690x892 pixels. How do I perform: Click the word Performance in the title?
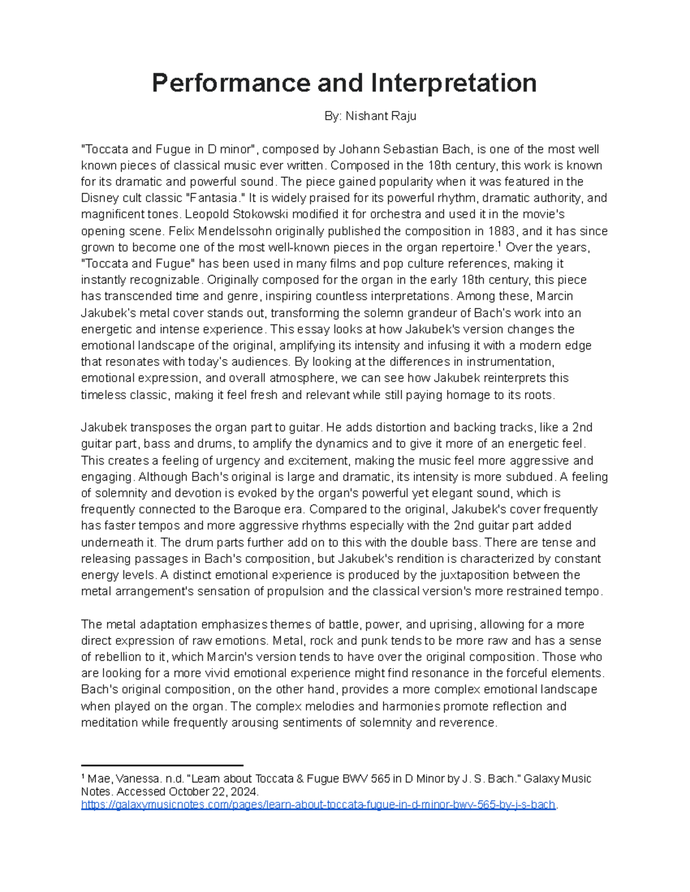tap(231, 83)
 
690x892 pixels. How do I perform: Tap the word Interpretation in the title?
tap(454, 83)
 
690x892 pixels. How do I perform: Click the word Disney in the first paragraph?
tap(99, 198)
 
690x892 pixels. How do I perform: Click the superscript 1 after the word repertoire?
tap(499, 245)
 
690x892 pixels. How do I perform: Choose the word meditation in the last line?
tap(109, 723)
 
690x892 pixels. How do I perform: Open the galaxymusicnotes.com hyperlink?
tap(318, 805)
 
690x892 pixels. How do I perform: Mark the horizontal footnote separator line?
tap(162, 765)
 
